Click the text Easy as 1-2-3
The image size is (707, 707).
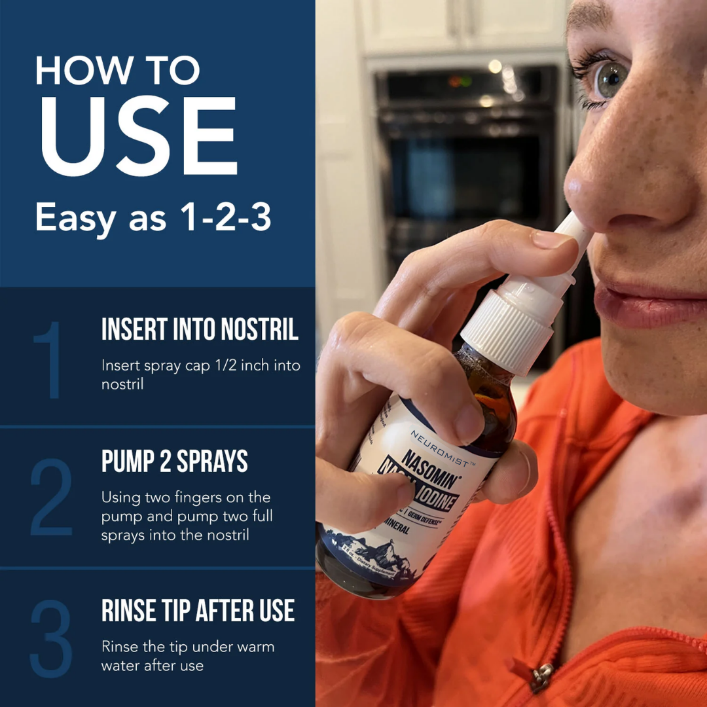(153, 217)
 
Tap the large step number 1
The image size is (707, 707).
(50, 361)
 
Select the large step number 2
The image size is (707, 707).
(51, 498)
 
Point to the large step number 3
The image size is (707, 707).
(51, 638)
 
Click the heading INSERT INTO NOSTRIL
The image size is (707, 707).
(200, 330)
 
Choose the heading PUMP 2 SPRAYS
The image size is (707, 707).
(174, 462)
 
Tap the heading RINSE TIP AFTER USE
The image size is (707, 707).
(198, 611)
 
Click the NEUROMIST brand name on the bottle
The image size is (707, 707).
(439, 448)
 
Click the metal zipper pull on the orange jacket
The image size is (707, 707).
(541, 678)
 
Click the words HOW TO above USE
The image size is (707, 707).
(118, 70)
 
